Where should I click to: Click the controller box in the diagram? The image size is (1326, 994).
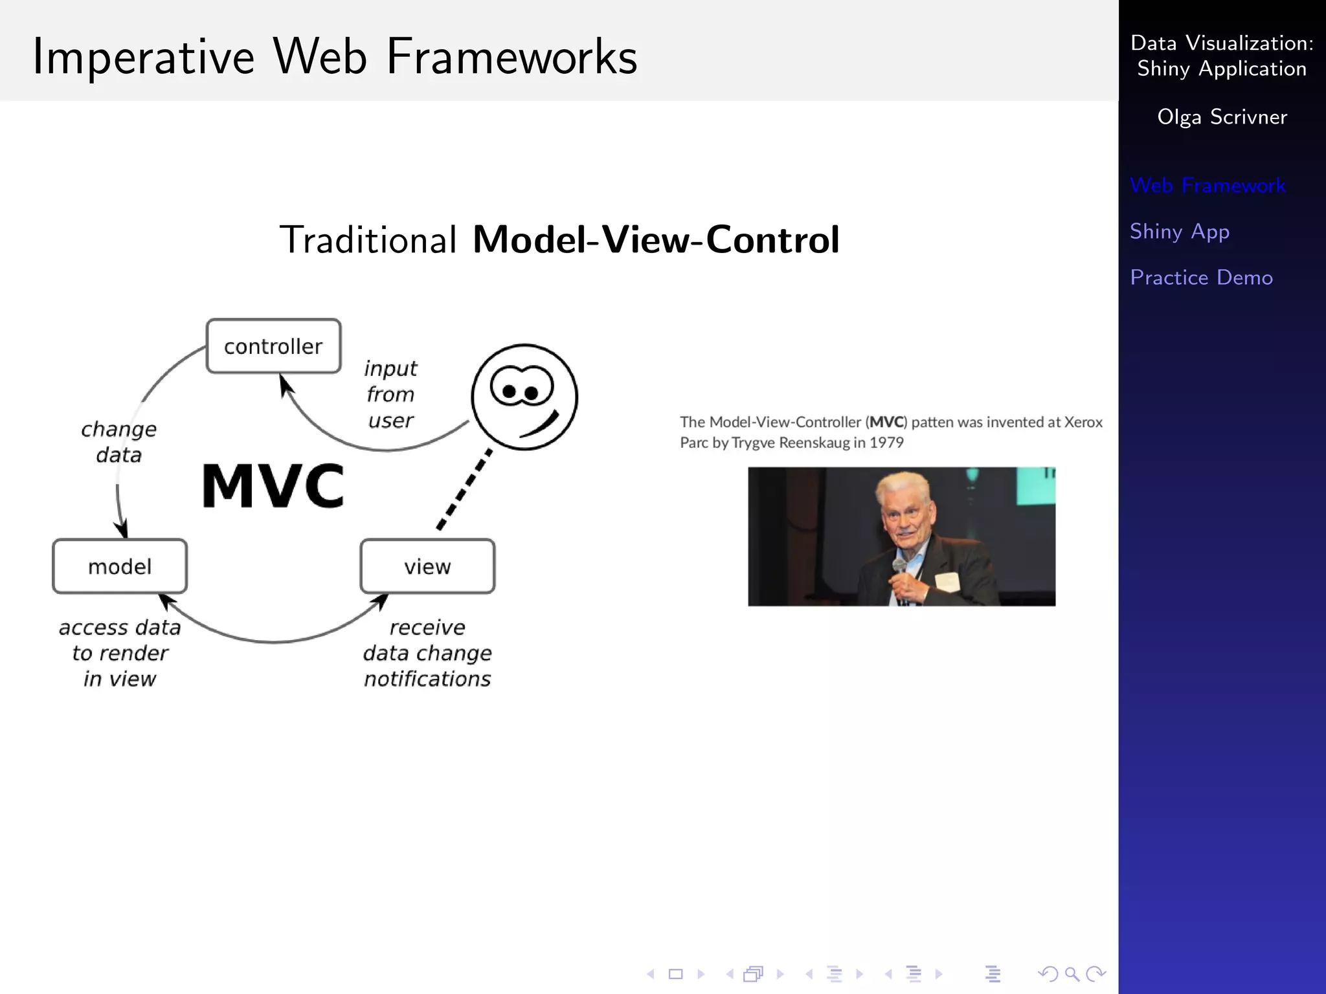pyautogui.click(x=273, y=346)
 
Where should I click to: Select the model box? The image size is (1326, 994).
pyautogui.click(x=120, y=566)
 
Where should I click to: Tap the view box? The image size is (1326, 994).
pyautogui.click(x=427, y=566)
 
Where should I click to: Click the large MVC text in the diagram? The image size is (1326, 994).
pyautogui.click(x=273, y=485)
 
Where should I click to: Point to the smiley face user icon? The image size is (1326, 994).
pyautogui.click(x=524, y=397)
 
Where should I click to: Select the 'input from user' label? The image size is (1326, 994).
pyautogui.click(x=390, y=394)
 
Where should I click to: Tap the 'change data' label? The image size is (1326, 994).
pyautogui.click(x=118, y=442)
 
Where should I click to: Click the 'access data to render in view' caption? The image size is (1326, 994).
pyautogui.click(x=120, y=653)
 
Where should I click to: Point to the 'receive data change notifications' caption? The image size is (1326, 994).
pyautogui.click(x=427, y=653)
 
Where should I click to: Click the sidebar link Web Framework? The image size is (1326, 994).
pyautogui.click(x=1208, y=186)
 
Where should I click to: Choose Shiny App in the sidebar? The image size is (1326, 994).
pyautogui.click(x=1179, y=232)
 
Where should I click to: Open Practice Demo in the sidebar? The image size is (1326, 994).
pyautogui.click(x=1201, y=278)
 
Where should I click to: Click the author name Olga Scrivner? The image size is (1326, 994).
pyautogui.click(x=1222, y=117)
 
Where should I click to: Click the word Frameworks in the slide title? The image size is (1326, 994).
pyautogui.click(x=511, y=57)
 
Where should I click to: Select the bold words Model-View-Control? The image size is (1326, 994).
pyautogui.click(x=656, y=239)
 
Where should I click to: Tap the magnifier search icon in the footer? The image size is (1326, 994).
pyautogui.click(x=1072, y=973)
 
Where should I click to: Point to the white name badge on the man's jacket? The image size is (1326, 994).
pyautogui.click(x=947, y=581)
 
